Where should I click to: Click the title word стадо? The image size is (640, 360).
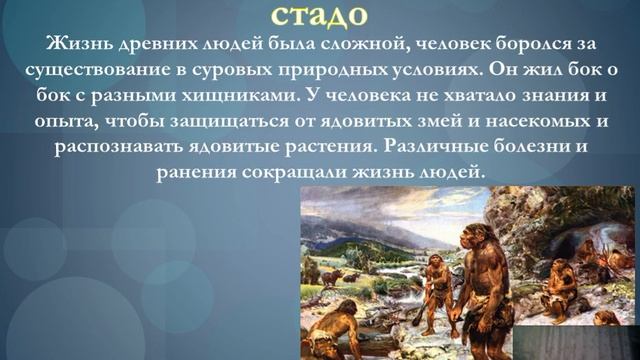319,15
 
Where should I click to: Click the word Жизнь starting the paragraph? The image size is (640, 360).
70,43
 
